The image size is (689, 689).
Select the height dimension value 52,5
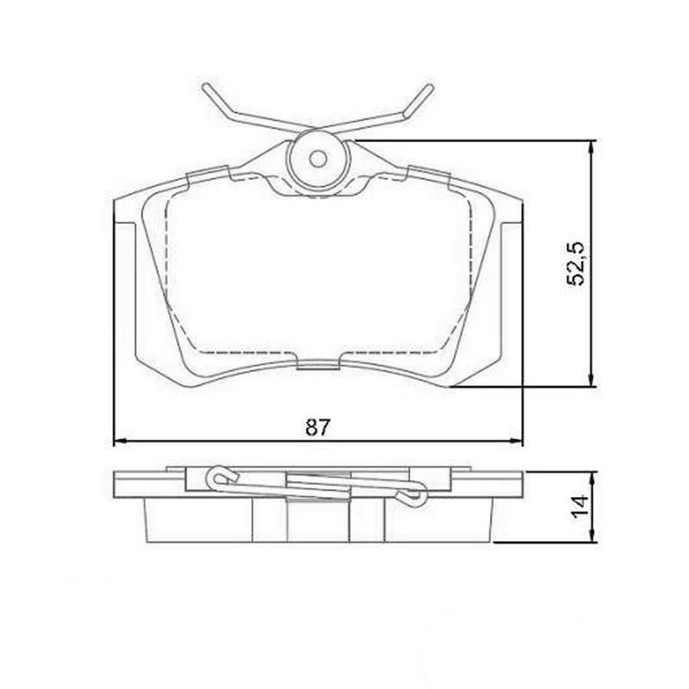click(x=577, y=263)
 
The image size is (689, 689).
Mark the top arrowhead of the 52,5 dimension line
click(x=591, y=146)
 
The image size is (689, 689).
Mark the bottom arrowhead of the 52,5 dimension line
click(x=591, y=381)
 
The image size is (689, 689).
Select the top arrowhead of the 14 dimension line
click(x=591, y=476)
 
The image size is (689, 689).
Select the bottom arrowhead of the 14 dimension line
click(x=591, y=538)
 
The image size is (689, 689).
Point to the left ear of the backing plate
click(x=125, y=215)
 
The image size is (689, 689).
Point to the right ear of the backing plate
click(x=512, y=215)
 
